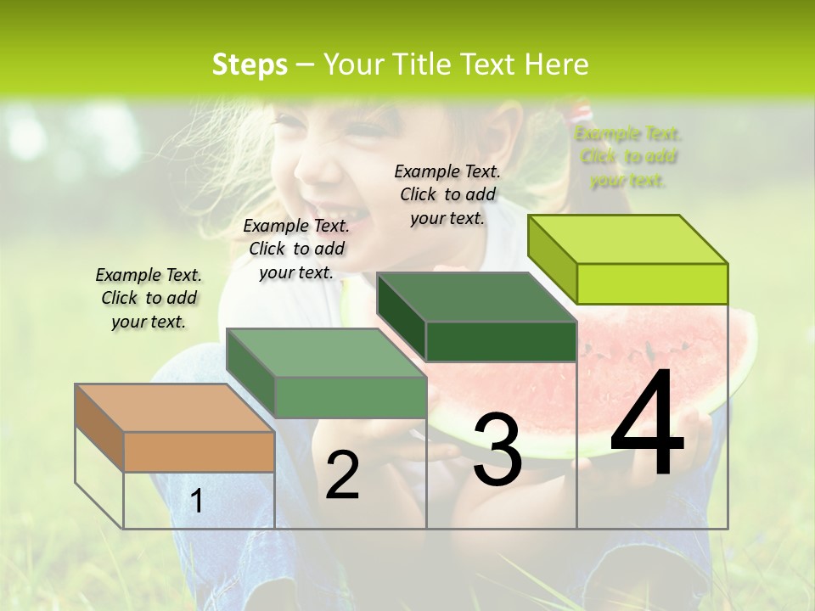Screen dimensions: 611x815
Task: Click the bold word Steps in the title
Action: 250,64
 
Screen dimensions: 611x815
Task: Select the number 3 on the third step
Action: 497,450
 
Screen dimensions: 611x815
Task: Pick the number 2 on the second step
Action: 342,475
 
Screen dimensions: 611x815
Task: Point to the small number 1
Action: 197,501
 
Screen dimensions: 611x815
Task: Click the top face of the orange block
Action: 174,407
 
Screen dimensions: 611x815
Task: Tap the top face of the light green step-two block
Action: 326,352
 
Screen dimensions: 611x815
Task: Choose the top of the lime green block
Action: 628,238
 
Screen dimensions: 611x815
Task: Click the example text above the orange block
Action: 149,298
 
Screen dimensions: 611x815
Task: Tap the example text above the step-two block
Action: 296,249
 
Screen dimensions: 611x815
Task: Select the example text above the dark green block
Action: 447,194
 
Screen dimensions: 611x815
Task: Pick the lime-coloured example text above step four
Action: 628,156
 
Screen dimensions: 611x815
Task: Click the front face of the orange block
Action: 199,451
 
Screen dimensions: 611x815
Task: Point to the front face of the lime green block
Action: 652,283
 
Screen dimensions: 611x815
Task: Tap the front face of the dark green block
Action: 501,341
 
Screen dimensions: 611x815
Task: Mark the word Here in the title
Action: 557,64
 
